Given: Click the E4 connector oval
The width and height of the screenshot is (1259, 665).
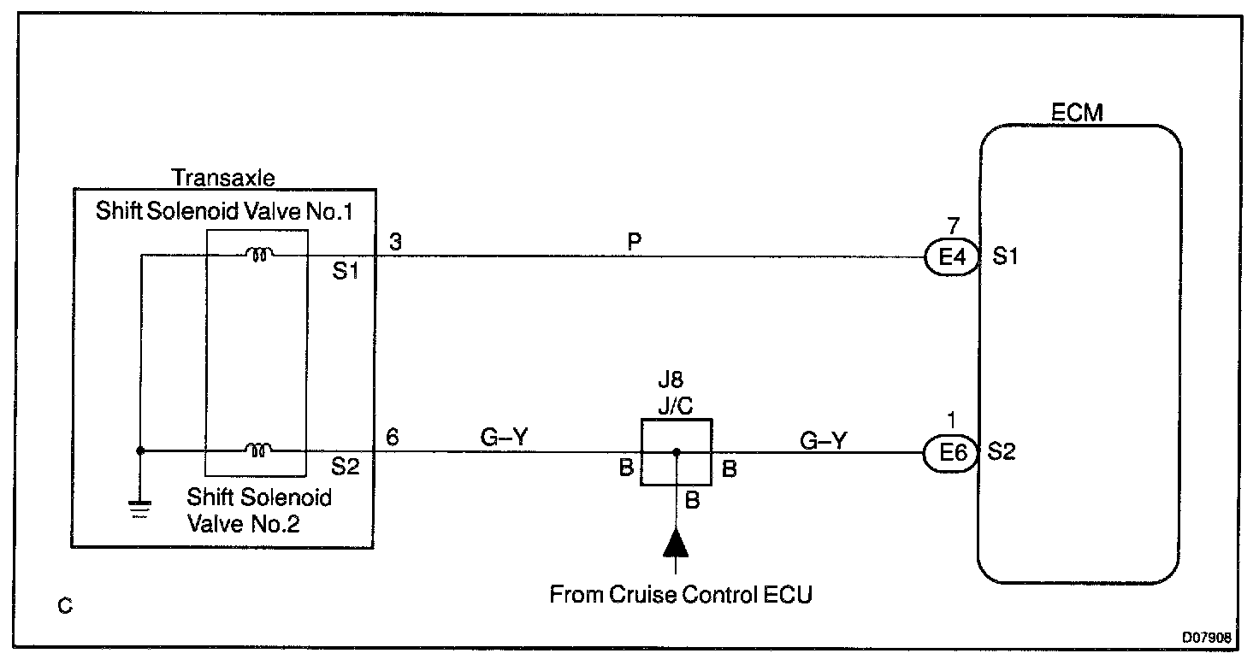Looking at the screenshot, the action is [x=953, y=257].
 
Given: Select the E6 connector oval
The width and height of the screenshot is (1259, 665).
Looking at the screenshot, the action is [x=952, y=452].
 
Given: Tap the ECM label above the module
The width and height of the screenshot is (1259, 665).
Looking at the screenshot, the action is [x=1077, y=113].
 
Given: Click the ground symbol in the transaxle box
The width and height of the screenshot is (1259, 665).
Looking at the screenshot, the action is [x=140, y=509].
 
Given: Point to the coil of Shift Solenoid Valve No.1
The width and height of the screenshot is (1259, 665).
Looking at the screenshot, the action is [x=259, y=255].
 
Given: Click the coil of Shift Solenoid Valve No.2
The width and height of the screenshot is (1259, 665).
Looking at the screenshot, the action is [x=258, y=450].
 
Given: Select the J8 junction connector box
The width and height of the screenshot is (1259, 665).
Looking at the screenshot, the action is [x=677, y=452].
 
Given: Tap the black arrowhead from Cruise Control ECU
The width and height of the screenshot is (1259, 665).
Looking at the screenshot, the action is [x=676, y=543].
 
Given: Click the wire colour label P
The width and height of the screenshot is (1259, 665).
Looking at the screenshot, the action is [x=634, y=242].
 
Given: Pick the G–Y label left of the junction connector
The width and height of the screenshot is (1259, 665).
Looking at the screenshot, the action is [x=504, y=437].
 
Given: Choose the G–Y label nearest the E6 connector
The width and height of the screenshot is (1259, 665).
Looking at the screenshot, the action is [x=824, y=441].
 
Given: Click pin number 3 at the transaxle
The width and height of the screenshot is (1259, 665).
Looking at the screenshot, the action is [x=396, y=242].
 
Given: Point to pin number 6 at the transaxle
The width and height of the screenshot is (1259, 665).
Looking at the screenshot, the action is [x=393, y=437].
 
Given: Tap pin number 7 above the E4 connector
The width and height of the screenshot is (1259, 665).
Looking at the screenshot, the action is [x=954, y=226].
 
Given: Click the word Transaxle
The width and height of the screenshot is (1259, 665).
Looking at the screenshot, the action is [x=223, y=178].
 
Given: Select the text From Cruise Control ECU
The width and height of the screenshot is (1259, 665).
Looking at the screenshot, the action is [x=681, y=594].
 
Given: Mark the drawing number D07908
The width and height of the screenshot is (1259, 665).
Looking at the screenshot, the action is [x=1207, y=638].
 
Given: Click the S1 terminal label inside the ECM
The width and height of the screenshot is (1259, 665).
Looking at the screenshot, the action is [x=1005, y=256].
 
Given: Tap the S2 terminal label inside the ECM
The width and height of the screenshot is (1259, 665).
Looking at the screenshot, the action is [x=1002, y=451].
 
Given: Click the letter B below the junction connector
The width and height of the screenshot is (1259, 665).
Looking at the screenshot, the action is [x=693, y=500].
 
